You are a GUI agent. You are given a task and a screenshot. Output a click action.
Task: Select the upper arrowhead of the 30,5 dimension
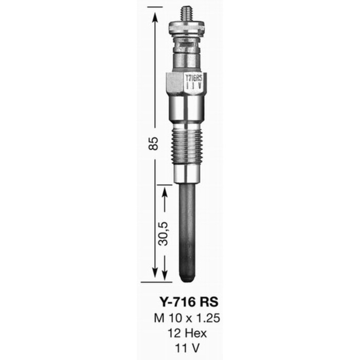coord(165,192)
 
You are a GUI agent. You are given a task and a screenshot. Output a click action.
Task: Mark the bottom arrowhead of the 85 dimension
coord(155,276)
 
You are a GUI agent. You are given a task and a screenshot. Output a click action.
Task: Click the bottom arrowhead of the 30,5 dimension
coord(165,276)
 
